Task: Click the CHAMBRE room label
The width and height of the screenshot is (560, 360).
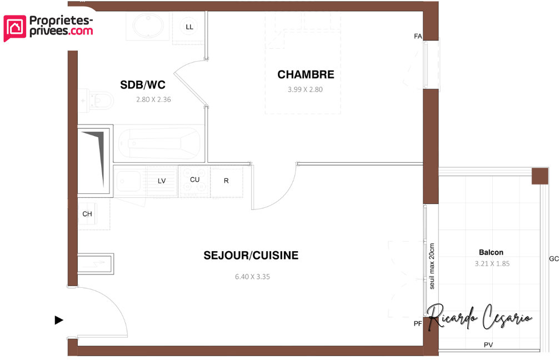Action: click(306, 74)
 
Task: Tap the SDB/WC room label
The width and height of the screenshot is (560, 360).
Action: click(143, 84)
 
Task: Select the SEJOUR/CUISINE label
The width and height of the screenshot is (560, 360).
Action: click(251, 256)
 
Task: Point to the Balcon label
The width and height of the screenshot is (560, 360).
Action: click(491, 252)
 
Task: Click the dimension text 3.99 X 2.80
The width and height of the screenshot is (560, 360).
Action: click(305, 89)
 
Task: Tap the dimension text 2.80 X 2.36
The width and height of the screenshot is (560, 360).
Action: click(153, 100)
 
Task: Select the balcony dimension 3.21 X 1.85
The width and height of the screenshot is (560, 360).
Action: click(492, 264)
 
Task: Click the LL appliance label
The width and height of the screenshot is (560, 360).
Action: click(189, 27)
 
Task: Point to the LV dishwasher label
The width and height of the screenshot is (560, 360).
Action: click(162, 181)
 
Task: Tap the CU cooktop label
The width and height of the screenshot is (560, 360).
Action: click(194, 179)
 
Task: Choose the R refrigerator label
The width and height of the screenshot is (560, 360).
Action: click(226, 181)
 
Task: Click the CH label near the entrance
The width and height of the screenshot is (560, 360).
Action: click(87, 214)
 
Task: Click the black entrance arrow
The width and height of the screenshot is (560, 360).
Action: click(58, 320)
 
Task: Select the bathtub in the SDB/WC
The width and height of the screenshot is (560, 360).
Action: click(159, 143)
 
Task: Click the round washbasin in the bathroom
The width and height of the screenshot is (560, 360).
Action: click(148, 25)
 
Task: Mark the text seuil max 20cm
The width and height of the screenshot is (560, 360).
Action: click(432, 267)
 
